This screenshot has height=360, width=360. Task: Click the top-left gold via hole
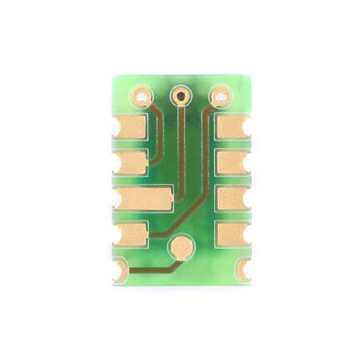141,96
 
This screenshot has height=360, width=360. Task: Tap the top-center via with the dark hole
180,96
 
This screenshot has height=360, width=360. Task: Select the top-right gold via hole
220,96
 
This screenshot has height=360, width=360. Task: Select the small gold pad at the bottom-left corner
120,270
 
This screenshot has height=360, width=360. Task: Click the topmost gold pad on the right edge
232,127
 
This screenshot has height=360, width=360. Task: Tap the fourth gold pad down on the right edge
232,234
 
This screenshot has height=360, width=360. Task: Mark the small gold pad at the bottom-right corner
243,270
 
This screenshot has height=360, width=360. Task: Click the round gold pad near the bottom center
179,247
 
